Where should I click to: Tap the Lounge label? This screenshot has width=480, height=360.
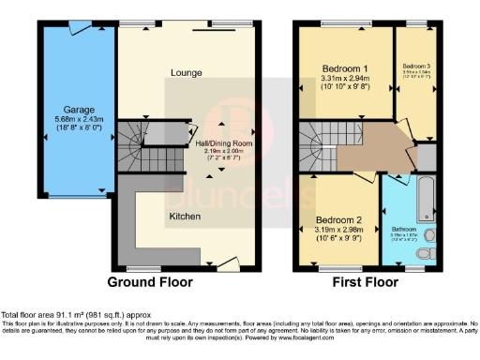[x=189, y=72]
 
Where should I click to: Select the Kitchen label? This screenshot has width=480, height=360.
[x=184, y=216]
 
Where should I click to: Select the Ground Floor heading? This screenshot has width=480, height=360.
[x=150, y=281]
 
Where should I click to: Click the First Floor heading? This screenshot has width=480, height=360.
[x=365, y=281]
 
